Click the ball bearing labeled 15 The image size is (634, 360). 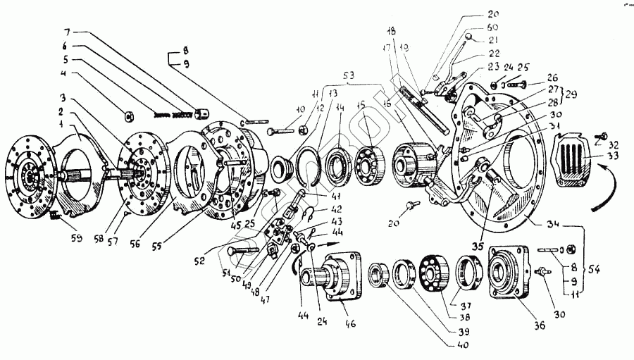368,161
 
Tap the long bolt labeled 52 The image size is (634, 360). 243,249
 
